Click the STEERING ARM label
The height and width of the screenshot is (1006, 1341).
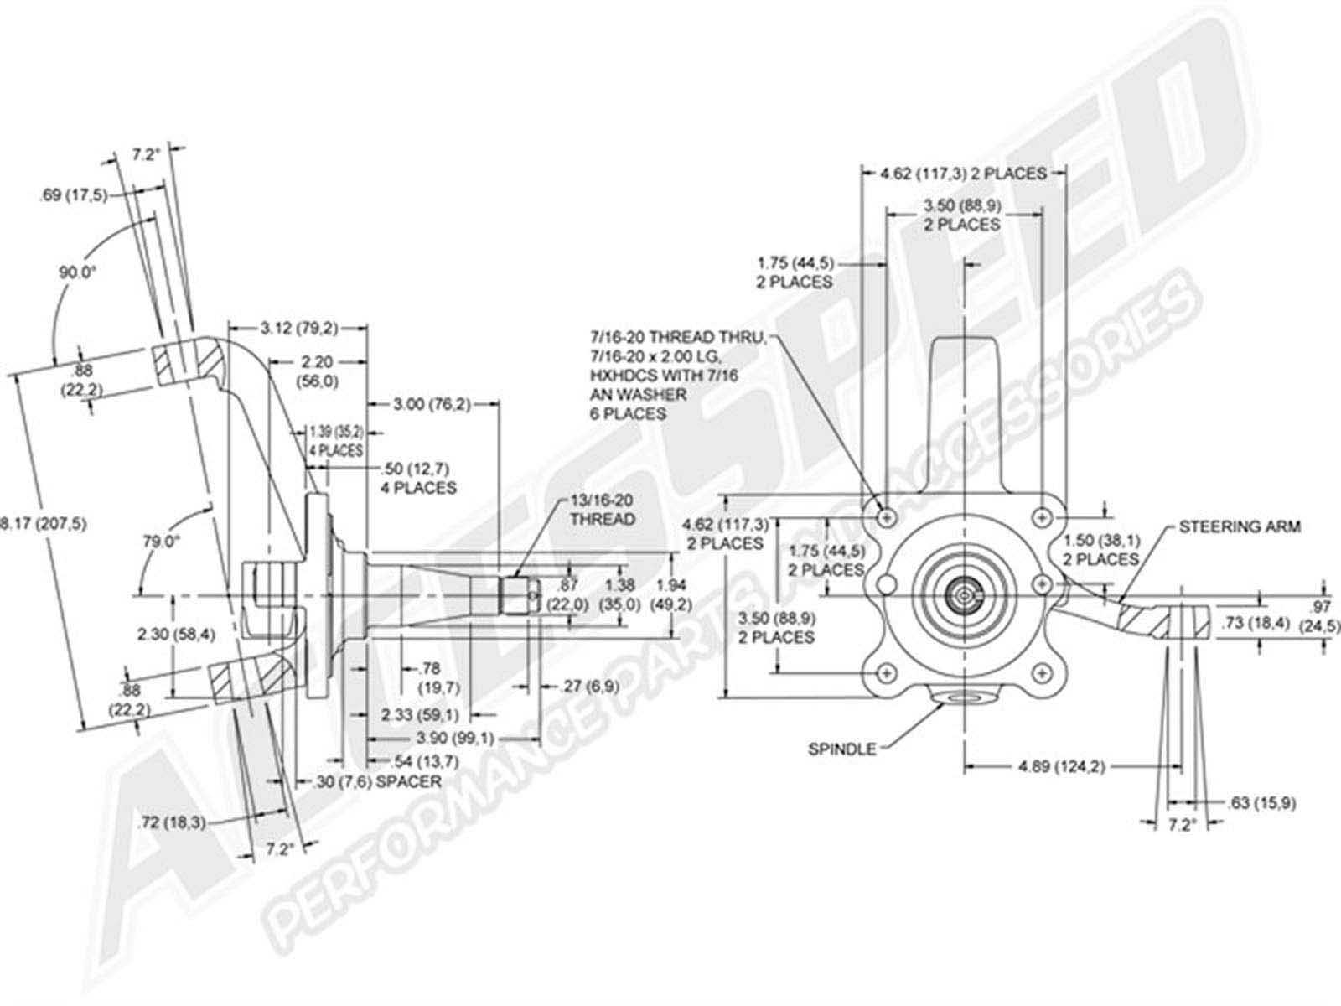click(x=1240, y=527)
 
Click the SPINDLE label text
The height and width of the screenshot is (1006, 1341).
click(x=841, y=749)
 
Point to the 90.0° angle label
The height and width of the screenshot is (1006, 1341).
click(x=77, y=272)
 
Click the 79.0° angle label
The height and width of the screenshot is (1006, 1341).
click(x=161, y=541)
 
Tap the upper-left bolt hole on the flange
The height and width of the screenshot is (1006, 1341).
click(x=887, y=517)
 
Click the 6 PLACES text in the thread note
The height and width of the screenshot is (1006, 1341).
click(x=628, y=413)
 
